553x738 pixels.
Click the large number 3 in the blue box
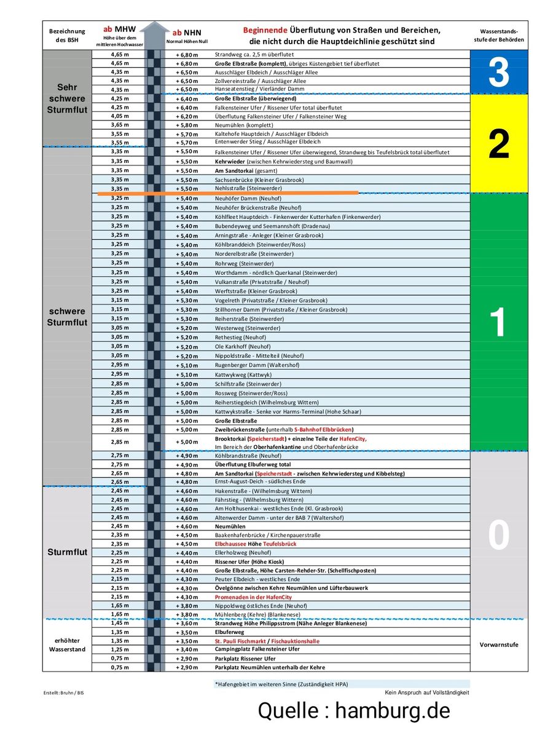pyautogui.click(x=498, y=72)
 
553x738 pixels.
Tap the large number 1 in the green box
pyautogui.click(x=498, y=322)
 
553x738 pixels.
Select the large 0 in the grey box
pyautogui.click(x=498, y=535)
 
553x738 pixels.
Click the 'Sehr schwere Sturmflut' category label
pyautogui.click(x=67, y=98)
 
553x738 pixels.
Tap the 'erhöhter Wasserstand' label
pyautogui.click(x=67, y=645)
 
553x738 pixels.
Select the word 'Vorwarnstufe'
pyautogui.click(x=498, y=645)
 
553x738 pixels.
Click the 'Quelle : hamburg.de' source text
pyautogui.click(x=354, y=711)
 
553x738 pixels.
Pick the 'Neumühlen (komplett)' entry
pyautogui.click(x=244, y=125)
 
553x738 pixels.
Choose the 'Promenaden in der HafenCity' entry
pyautogui.click(x=253, y=597)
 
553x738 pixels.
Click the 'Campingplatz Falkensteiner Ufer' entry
pyautogui.click(x=257, y=649)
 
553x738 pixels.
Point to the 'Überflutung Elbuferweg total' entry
pyautogui.click(x=253, y=465)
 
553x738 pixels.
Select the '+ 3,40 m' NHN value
pyautogui.click(x=187, y=649)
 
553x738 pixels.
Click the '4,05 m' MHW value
pyautogui.click(x=120, y=116)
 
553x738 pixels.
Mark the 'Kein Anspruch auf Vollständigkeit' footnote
pyautogui.click(x=427, y=692)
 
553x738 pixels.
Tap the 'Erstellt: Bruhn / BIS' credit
pyautogui.click(x=63, y=692)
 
